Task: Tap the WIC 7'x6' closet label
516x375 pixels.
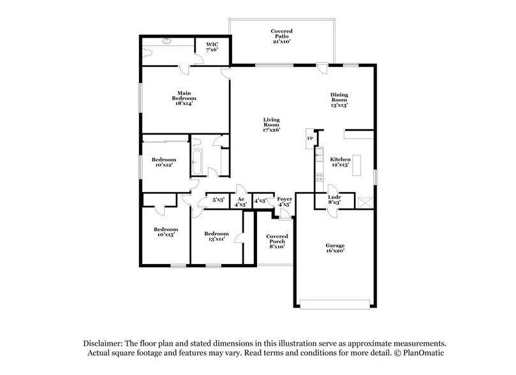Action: (x=212, y=47)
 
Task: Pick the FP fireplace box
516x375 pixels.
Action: (x=310, y=138)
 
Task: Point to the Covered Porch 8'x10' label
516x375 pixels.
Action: (x=277, y=242)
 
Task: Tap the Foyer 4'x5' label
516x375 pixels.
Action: (x=284, y=202)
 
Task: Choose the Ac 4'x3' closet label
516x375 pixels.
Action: (x=240, y=202)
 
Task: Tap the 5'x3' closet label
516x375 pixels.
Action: (x=219, y=200)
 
